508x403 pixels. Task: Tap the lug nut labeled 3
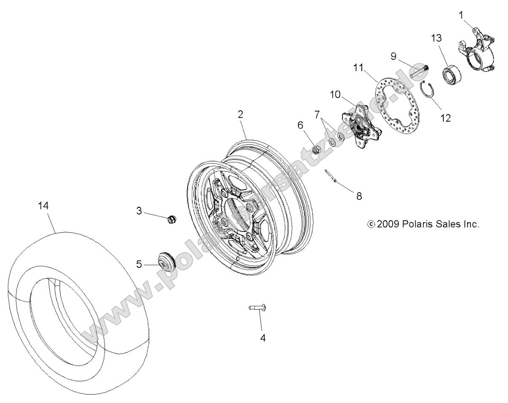[171, 219]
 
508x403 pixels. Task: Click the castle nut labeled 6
[315, 149]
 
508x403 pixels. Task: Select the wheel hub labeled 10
[363, 127]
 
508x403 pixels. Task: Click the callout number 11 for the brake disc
[358, 67]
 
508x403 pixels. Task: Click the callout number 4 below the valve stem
[262, 338]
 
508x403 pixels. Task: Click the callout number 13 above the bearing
[436, 38]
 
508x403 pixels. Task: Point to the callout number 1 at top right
[461, 16]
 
